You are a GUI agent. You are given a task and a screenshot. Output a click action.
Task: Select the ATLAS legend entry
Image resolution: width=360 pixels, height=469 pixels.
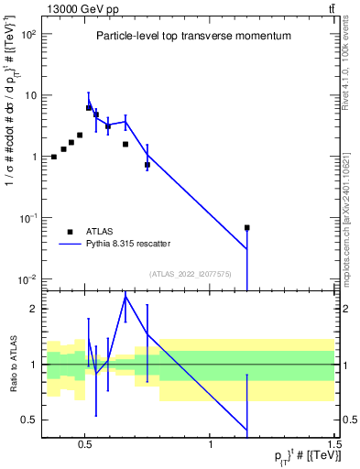[98, 232]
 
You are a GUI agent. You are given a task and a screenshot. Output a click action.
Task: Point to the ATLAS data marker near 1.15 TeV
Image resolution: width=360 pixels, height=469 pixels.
[246, 227]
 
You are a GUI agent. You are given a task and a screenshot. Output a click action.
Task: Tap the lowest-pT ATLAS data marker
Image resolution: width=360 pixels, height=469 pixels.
[54, 157]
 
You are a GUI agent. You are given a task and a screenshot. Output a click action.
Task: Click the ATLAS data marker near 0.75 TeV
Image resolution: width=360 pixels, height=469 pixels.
[147, 165]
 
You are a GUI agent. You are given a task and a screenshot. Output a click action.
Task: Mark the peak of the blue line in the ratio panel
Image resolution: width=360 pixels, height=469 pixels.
[125, 296]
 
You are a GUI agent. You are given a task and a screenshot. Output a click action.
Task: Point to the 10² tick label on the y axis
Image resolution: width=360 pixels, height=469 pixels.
[28, 34]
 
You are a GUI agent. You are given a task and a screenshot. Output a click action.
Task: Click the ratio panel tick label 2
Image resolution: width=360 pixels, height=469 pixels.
[34, 309]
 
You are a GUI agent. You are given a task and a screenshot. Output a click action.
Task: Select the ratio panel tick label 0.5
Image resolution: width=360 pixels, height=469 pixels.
[29, 420]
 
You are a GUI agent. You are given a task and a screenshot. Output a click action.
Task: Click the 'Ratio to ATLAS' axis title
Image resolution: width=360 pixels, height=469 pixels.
[13, 364]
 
